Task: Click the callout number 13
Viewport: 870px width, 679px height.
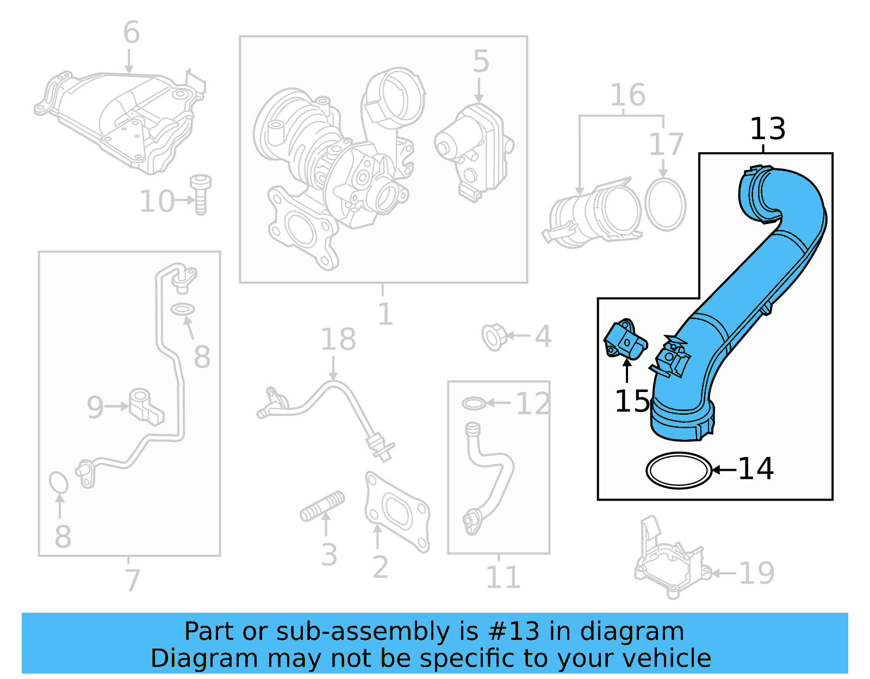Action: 767,129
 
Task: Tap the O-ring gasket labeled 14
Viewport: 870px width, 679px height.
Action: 679,470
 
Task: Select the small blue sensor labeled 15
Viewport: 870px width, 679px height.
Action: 625,340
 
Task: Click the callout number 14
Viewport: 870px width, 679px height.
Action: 755,469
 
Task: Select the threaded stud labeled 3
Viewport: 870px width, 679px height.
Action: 322,506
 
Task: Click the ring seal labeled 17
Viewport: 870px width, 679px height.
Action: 665,204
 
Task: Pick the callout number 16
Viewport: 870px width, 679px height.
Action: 627,95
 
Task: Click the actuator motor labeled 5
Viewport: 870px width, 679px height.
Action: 475,152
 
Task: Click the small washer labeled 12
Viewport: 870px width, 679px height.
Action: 474,403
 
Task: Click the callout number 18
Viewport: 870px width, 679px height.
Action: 338,340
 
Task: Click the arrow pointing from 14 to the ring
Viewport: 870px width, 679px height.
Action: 724,470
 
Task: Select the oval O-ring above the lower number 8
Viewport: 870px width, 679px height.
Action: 58,482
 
